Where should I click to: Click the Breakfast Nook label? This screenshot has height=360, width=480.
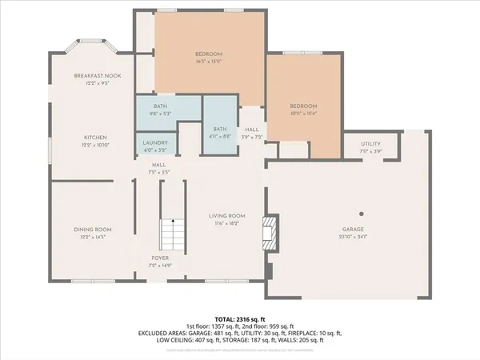pyautogui.click(x=91, y=75)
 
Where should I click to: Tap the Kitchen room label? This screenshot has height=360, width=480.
pyautogui.click(x=91, y=138)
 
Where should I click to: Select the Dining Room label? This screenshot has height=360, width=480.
pyautogui.click(x=92, y=230)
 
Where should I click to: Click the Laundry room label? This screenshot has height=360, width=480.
pyautogui.click(x=155, y=142)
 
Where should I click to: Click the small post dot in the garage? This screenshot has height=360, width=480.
pyautogui.click(x=362, y=214)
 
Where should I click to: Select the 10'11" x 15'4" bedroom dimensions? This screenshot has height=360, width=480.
pyautogui.click(x=303, y=113)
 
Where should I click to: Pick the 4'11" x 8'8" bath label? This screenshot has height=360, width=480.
pyautogui.click(x=219, y=130)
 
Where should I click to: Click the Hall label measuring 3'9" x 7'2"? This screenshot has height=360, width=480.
pyautogui.click(x=252, y=132)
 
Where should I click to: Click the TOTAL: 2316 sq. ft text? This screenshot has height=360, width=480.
pyautogui.click(x=239, y=318)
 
